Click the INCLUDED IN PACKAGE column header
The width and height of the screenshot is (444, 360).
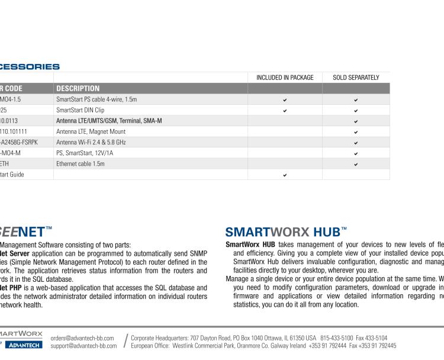pyautogui.click(x=285, y=78)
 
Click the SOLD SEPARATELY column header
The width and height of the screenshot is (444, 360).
pyautogui.click(x=356, y=78)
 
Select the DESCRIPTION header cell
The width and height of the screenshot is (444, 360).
pyautogui.click(x=78, y=89)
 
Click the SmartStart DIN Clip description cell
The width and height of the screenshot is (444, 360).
pyautogui.click(x=80, y=110)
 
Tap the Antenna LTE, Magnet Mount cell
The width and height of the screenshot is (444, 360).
pyautogui.click(x=91, y=131)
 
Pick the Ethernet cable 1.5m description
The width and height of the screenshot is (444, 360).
pyautogui.click(x=81, y=163)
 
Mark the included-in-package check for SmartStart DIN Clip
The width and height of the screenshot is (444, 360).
pyautogui.click(x=285, y=110)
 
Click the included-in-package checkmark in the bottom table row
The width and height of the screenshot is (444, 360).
pyautogui.click(x=285, y=175)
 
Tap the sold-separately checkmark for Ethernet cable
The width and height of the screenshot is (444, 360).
pyautogui.click(x=356, y=164)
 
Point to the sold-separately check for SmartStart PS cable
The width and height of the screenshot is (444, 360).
pyautogui.click(x=356, y=99)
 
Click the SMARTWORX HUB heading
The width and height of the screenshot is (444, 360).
pyautogui.click(x=286, y=232)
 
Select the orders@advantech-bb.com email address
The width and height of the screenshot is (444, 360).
pyautogui.click(x=82, y=337)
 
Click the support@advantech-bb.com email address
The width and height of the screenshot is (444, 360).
pyautogui.click(x=83, y=345)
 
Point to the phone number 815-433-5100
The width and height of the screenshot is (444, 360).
pyautogui.click(x=337, y=337)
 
